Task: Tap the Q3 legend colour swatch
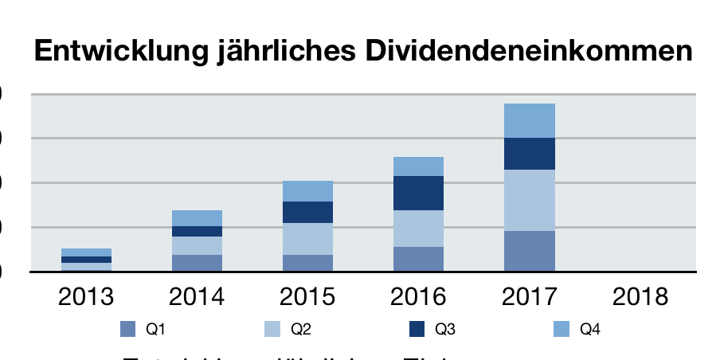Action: point(417,328)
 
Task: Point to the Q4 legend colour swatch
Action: point(562,328)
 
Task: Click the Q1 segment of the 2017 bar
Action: point(530,251)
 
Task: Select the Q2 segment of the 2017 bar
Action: point(530,200)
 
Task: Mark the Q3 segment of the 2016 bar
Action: point(419,193)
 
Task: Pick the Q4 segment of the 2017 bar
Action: point(530,120)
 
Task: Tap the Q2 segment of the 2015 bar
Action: point(308,238)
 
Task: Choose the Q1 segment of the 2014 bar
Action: point(198,263)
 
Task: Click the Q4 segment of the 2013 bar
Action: point(87,252)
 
